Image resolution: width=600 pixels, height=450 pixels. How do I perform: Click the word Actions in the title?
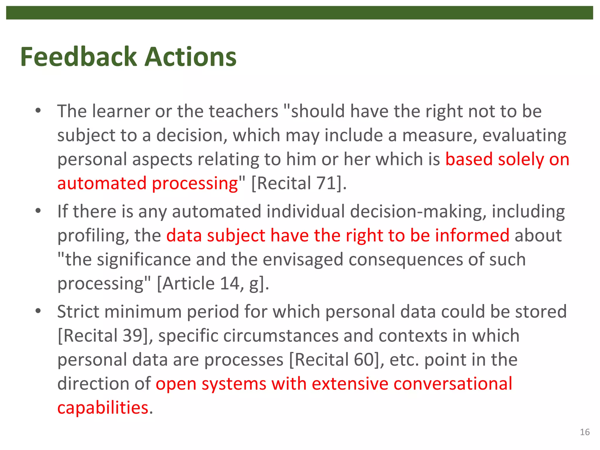click(191, 57)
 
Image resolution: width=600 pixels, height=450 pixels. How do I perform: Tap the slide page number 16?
click(585, 432)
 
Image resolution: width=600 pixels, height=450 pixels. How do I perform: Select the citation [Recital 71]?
click(299, 183)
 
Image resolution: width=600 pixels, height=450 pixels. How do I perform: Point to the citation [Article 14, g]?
click(213, 284)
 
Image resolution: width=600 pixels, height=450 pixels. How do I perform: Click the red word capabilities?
click(103, 408)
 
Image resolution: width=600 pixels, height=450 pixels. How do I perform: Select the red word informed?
click(472, 236)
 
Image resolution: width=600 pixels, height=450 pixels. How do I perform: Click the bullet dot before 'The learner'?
click(38, 111)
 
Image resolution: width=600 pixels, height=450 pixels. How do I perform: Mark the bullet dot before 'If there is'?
click(38, 211)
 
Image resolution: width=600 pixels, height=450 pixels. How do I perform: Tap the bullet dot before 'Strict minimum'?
click(38, 311)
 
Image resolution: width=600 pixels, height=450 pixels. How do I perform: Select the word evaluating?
click(524, 136)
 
